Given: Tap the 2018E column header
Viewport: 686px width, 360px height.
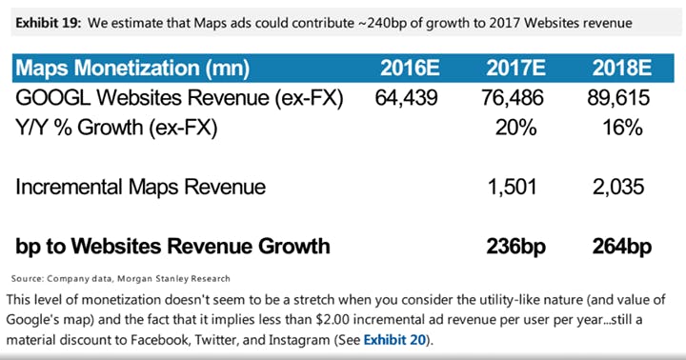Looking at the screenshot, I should [620, 69].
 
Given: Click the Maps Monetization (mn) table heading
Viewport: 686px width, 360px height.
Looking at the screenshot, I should [133, 69].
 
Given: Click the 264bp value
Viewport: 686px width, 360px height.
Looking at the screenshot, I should [620, 247].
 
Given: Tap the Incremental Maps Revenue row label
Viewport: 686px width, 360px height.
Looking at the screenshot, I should [140, 188].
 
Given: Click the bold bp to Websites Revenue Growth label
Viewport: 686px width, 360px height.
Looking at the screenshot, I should [172, 247].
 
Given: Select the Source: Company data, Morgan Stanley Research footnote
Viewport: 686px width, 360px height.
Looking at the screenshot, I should [121, 278].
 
